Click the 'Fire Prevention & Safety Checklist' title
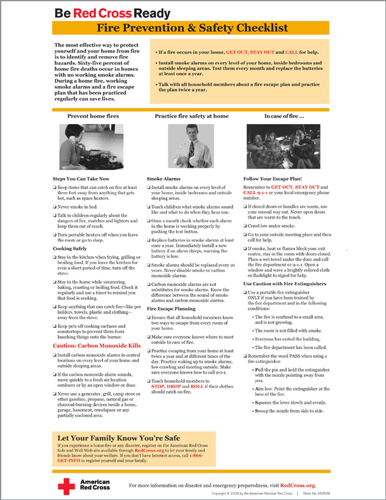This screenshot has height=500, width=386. tap(193, 29)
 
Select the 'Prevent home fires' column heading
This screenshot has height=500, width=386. tap(93, 117)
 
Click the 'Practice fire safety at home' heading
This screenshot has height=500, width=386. tap(191, 117)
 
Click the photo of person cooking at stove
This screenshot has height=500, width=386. tap(93, 146)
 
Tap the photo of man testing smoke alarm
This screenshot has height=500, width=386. tap(191, 146)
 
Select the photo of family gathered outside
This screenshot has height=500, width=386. tap(283, 146)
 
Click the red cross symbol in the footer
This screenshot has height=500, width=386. tap(67, 486)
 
